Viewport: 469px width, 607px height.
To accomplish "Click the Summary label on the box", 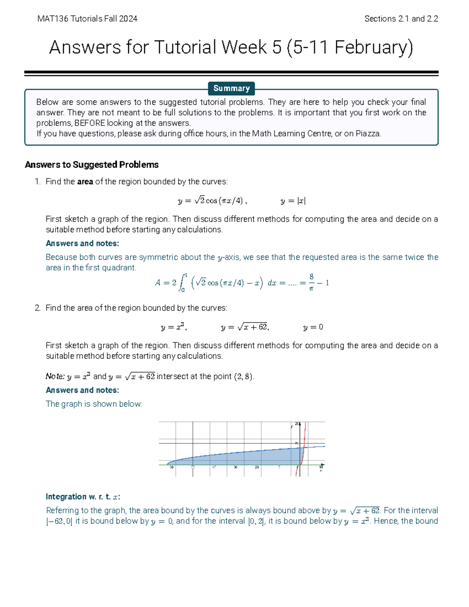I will pos(231,88).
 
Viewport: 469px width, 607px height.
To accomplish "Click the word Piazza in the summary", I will pos(367,134).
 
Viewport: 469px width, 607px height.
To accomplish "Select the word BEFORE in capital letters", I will pos(90,123).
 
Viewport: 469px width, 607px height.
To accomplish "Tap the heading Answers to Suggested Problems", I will pos(91,165).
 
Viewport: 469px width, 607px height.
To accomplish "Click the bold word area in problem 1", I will pos(85,182).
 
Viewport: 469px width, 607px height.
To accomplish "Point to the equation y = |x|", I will pos(293,201).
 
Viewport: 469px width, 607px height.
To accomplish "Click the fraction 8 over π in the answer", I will pos(311,283).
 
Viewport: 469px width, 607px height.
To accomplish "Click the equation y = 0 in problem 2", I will pos(313,327).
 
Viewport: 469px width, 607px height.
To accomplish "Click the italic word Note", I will pos(55,376).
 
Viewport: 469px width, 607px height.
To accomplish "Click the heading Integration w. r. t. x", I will pos(83,497).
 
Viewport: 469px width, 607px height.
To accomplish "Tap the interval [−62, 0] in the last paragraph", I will pos(59,521).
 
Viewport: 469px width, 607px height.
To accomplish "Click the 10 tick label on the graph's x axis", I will pos(321,467).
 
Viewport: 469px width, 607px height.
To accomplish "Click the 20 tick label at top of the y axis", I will pos(297,424).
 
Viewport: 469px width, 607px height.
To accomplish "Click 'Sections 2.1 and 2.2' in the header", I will pos(401,19).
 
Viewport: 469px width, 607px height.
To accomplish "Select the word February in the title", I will pos(371,48).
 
